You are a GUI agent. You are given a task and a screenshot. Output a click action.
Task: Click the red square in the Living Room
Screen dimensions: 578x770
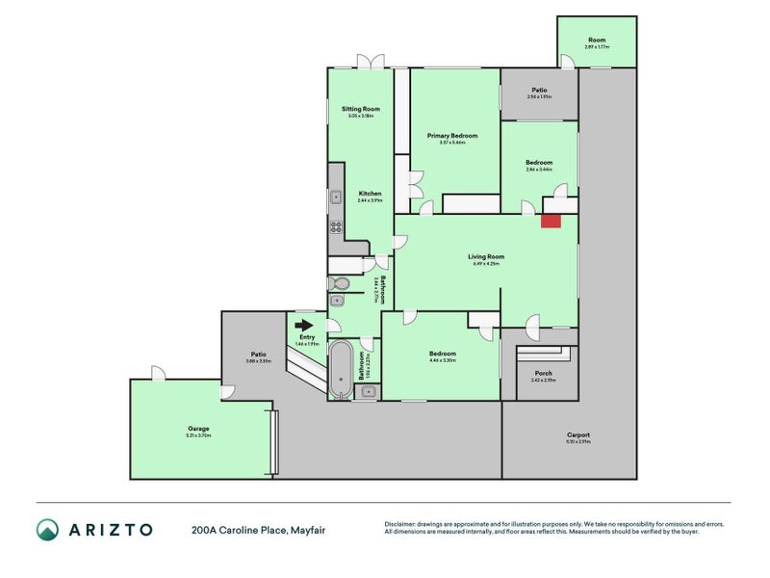[x=550, y=221]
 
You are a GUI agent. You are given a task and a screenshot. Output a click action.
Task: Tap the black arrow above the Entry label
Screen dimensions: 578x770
[x=304, y=326]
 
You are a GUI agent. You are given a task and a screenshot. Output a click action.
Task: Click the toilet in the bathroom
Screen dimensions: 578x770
[x=339, y=283]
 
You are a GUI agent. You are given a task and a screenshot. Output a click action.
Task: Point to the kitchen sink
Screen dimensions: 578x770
[x=337, y=198]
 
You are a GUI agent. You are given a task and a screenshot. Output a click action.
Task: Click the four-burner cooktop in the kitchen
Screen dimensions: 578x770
[x=337, y=227]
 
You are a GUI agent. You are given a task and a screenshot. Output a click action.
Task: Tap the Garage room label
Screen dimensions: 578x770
[x=198, y=429]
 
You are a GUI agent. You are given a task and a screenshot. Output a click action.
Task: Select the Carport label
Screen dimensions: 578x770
[x=578, y=434]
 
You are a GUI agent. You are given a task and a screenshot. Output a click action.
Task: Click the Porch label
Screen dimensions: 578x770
[x=542, y=373]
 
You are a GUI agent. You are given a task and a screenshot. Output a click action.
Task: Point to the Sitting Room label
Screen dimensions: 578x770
[x=361, y=109]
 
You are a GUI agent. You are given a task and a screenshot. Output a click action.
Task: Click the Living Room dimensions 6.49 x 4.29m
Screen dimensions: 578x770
[x=485, y=264]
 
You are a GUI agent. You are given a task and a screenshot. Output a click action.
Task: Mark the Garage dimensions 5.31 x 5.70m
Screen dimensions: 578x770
[x=198, y=436]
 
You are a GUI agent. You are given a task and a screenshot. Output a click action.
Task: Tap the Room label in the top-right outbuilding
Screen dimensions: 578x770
[x=596, y=39]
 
